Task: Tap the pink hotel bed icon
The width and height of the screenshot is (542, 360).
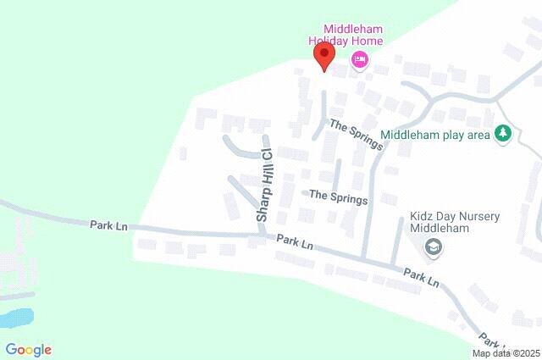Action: [360, 58]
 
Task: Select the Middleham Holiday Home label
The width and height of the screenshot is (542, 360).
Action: [346, 34]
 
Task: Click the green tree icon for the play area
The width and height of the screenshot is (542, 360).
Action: [504, 134]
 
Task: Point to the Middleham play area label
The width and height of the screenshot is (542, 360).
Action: [435, 135]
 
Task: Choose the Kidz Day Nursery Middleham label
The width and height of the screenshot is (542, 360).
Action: [455, 223]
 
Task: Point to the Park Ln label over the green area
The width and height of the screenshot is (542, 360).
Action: [108, 225]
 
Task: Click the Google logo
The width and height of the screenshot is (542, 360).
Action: [28, 349]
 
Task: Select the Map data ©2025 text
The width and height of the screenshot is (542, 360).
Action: [506, 352]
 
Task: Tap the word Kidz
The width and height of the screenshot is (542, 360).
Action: [424, 216]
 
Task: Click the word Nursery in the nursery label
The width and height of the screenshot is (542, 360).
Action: [478, 216]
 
